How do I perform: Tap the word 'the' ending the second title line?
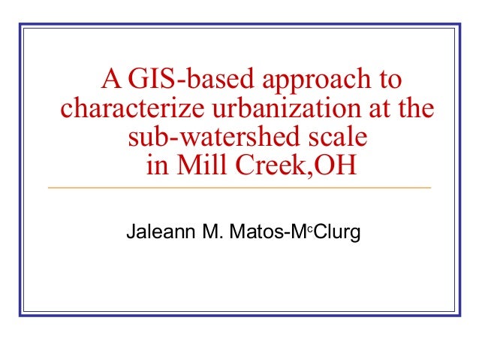pos(415,109)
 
